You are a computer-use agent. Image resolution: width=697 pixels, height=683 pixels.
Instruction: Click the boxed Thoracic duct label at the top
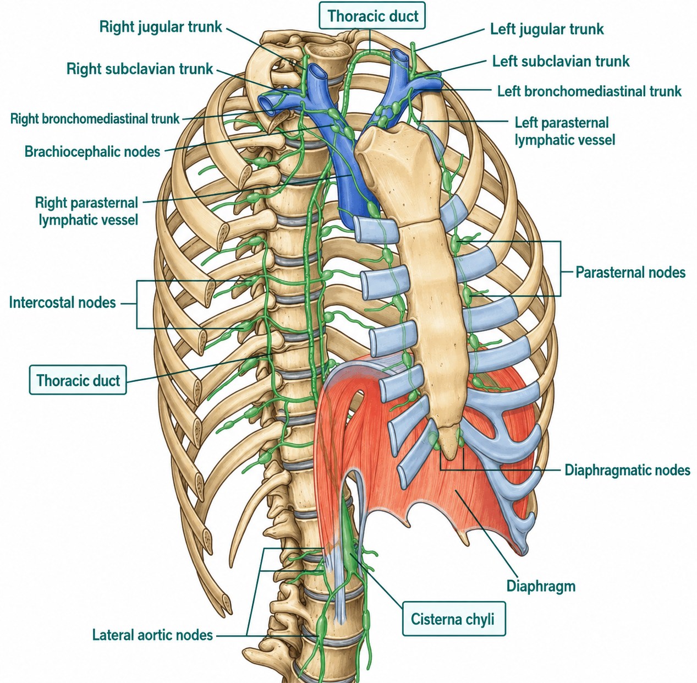point(372,15)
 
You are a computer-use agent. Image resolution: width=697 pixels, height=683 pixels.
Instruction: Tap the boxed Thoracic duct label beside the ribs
point(78,380)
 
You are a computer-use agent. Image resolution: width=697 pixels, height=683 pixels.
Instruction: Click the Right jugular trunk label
point(161,27)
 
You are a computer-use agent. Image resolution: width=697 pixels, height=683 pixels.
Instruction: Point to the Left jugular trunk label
point(547,29)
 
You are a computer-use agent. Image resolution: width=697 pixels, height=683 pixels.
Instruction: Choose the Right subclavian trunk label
point(140,69)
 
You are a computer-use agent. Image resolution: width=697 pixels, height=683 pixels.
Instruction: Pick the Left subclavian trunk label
point(561,61)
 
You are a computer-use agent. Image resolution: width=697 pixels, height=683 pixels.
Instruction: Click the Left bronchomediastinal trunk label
point(589,91)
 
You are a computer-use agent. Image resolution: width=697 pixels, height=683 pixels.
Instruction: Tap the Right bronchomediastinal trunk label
point(95,119)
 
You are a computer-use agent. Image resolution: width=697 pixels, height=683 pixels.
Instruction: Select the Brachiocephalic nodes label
point(92,152)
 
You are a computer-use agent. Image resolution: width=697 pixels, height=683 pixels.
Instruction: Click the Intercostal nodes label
point(62,303)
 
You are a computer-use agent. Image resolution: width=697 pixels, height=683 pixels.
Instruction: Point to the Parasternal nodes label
point(630,272)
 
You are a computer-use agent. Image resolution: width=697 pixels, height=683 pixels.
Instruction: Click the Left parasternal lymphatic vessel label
point(564,131)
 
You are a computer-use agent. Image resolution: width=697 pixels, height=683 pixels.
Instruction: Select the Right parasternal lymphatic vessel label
point(87,211)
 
